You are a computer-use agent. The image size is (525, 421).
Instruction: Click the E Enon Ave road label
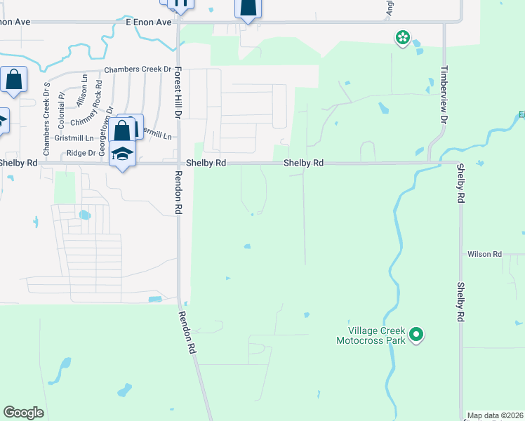[149, 22]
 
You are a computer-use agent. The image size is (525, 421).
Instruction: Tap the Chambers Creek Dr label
[138, 69]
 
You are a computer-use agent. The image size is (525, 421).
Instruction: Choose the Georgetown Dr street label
[102, 138]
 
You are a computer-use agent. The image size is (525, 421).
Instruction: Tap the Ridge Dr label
[81, 152]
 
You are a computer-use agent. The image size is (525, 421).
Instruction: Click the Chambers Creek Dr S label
[47, 119]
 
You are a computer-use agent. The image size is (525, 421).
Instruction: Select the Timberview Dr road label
[444, 95]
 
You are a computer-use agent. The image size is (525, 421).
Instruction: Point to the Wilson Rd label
[485, 254]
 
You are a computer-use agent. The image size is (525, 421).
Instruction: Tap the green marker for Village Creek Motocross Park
[416, 335]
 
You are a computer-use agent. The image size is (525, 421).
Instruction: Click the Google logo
[24, 413]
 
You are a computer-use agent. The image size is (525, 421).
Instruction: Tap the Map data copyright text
[495, 415]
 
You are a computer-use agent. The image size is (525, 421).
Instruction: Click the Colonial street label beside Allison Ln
[62, 105]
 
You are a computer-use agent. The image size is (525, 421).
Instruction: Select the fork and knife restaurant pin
[181, 4]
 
